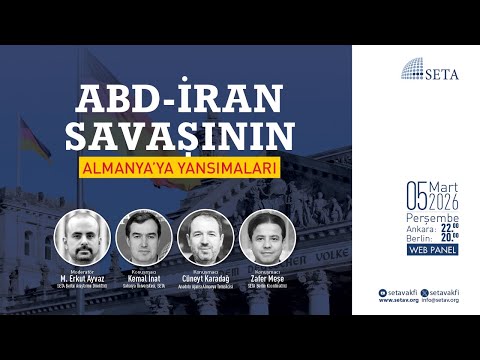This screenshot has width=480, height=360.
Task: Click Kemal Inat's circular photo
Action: coord(144,237)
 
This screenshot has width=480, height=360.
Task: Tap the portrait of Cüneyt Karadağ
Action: coord(205,237)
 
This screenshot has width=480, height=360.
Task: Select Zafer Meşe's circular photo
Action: coord(267,237)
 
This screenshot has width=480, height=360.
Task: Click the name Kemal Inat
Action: coord(144,277)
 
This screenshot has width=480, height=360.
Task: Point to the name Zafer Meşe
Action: coord(267,277)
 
